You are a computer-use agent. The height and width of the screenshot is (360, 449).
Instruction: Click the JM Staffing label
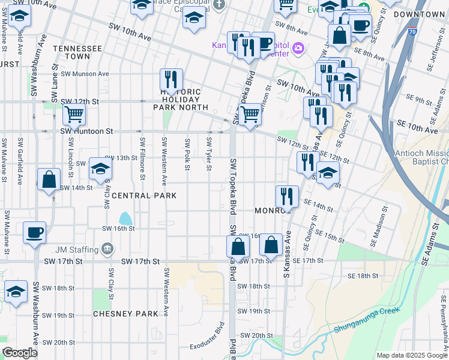[75, 249]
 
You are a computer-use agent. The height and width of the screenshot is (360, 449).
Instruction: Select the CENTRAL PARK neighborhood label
[144, 196]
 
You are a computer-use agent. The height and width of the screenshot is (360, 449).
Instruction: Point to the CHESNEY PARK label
[125, 313]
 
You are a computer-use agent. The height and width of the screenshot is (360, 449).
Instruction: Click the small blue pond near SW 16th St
[125, 218]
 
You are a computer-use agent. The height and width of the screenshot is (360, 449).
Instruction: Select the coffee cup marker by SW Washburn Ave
[34, 232]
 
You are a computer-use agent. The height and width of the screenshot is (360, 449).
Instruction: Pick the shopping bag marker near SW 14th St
[49, 179]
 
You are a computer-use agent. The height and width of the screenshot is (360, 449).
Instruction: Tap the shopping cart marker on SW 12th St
[74, 112]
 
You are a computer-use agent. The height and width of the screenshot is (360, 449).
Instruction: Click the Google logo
[20, 353]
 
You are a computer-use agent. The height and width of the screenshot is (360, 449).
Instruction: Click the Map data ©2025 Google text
[412, 355]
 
